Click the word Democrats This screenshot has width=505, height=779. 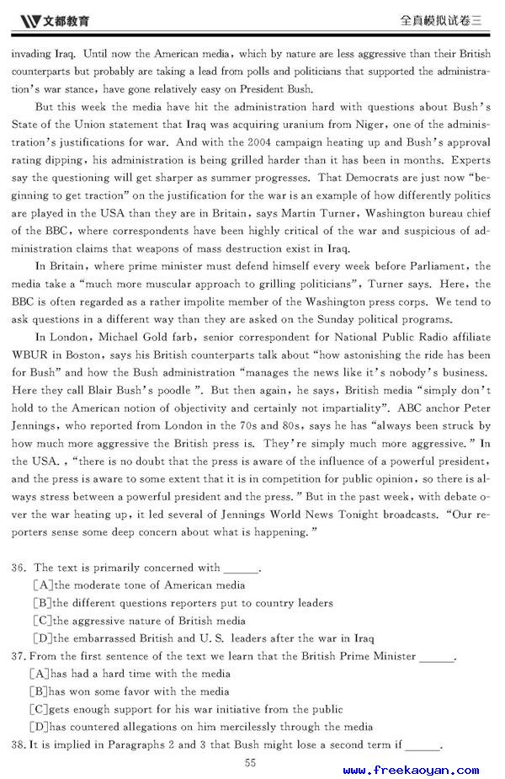click(362, 178)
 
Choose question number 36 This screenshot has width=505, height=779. click(19, 568)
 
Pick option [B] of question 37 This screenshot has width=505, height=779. click(39, 691)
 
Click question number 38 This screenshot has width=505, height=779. click(19, 744)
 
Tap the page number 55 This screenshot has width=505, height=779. click(250, 762)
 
